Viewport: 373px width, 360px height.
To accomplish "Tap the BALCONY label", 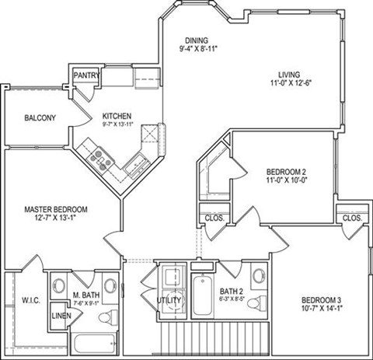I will (x=40, y=118).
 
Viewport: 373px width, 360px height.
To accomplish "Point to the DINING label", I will (x=198, y=40).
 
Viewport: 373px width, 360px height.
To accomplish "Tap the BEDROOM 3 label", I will (x=320, y=300).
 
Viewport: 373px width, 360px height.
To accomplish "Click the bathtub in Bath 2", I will (x=201, y=296).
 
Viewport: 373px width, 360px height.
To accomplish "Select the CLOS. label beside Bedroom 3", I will (x=352, y=218).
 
